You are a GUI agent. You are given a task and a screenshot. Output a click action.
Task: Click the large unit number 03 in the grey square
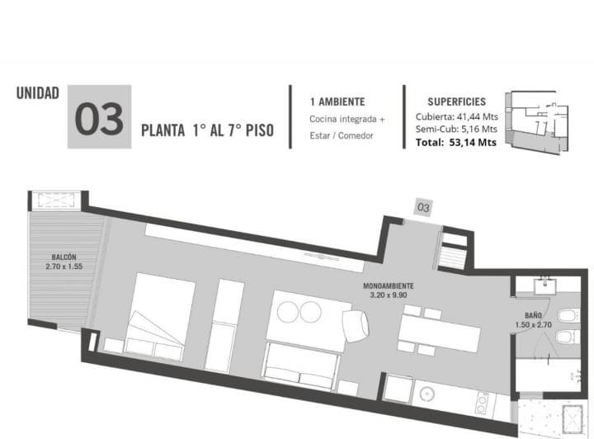click(x=99, y=119)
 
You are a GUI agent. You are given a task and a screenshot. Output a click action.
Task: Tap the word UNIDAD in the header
click(x=37, y=93)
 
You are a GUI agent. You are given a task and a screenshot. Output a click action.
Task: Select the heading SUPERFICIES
click(x=456, y=101)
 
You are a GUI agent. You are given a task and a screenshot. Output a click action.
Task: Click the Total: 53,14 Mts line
click(x=455, y=143)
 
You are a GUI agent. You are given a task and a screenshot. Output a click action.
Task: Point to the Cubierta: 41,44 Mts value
click(x=456, y=116)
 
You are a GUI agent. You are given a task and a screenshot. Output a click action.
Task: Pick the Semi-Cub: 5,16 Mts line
click(x=456, y=130)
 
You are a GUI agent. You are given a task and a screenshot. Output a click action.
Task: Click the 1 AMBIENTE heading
click(x=337, y=101)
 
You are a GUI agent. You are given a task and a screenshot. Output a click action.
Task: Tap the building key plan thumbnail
click(x=537, y=122)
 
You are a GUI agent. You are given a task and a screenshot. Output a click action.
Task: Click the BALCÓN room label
click(x=64, y=257)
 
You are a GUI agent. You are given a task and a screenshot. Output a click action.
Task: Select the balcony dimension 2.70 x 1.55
click(x=64, y=267)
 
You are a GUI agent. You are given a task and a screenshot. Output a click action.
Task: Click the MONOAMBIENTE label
click(x=389, y=286)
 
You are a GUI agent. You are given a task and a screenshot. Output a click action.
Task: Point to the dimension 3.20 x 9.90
click(x=389, y=295)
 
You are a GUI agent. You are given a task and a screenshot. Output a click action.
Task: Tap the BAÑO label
click(x=533, y=315)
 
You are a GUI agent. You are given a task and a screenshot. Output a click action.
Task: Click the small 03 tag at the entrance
click(x=423, y=207)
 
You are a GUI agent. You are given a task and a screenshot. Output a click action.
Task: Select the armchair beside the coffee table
click(x=355, y=326)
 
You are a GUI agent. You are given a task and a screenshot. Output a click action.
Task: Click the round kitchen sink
click(x=427, y=394)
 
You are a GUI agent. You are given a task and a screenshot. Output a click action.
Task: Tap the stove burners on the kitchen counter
click(x=482, y=403)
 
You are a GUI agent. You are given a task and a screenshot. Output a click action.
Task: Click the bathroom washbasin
click(x=544, y=286)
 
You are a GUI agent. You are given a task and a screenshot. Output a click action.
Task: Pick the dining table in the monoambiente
click(x=440, y=333)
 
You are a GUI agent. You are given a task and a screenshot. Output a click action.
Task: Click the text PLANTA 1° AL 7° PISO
click(x=207, y=130)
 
